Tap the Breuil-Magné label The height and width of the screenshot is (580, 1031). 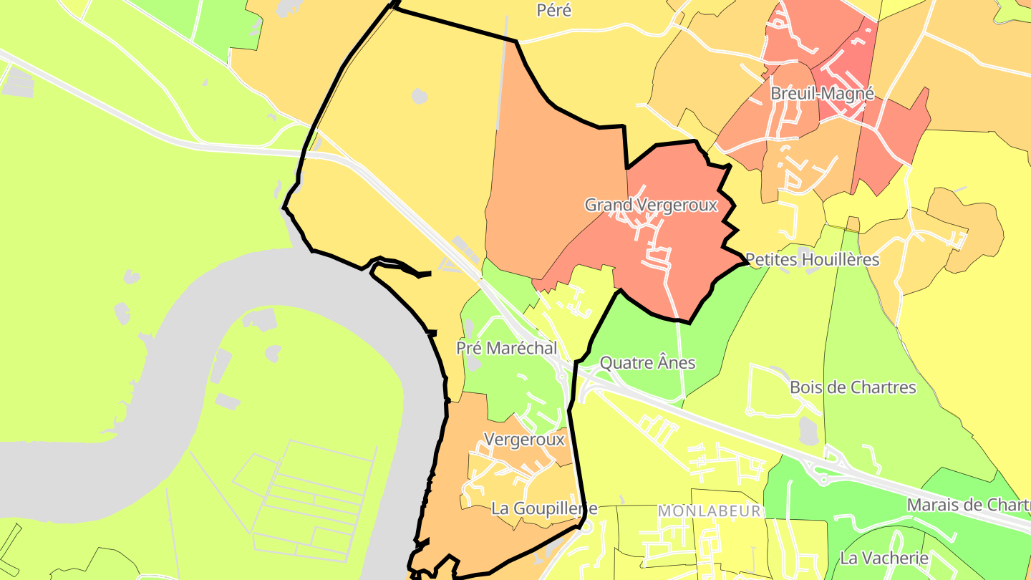822,94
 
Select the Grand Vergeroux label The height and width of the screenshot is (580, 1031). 651,206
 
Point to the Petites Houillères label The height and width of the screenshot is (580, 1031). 812,259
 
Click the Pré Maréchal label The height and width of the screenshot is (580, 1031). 507,349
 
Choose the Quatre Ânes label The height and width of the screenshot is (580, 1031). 647,363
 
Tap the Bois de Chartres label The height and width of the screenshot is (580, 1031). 853,388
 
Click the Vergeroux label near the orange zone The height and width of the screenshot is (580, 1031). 525,440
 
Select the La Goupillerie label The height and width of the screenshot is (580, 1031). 543,509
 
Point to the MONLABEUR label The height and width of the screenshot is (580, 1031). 709,511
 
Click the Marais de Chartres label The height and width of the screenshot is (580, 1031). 968,505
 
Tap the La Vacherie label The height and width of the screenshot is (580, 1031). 884,558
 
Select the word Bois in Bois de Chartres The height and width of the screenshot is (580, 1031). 807,388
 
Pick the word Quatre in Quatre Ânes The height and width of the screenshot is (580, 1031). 625,363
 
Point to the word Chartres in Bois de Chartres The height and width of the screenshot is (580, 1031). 884,388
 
